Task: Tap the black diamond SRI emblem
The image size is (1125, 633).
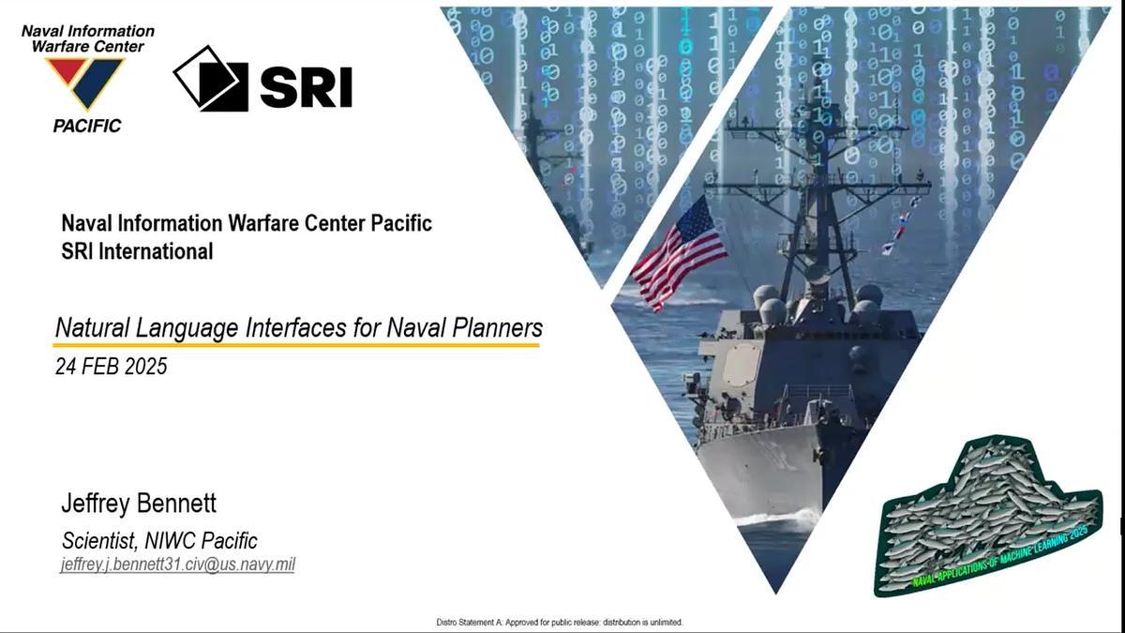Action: coord(211,79)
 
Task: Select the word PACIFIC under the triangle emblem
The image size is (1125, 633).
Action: coord(87,126)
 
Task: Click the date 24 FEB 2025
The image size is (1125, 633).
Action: coord(111,367)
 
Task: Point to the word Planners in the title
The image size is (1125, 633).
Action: coord(497,327)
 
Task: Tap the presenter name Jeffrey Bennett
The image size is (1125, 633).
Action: coord(139,504)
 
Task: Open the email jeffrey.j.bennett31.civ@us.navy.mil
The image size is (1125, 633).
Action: coord(177,565)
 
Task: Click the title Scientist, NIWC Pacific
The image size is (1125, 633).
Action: coord(159,540)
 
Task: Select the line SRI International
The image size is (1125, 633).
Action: coord(137,251)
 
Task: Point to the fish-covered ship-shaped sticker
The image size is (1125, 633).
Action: coord(988,516)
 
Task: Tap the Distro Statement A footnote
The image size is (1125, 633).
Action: coord(560,623)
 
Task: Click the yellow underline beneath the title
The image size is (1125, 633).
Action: coord(296,345)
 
